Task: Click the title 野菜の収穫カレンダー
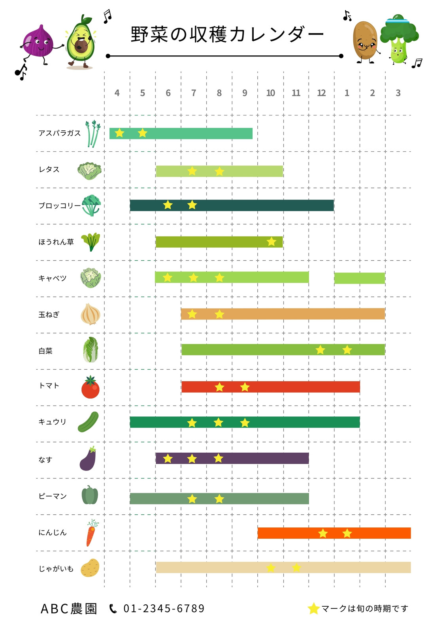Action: click(x=227, y=34)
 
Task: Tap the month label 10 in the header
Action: click(x=270, y=93)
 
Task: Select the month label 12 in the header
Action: click(x=321, y=93)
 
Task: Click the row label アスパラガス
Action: click(x=60, y=133)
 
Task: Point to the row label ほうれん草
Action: click(x=56, y=242)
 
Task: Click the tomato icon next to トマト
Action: click(x=91, y=387)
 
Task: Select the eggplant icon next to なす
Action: click(x=88, y=459)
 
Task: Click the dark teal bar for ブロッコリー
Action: click(x=232, y=205)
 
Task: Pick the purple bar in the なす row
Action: click(x=232, y=458)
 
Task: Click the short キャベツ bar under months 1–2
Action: click(x=360, y=278)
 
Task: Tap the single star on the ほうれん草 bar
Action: click(x=272, y=241)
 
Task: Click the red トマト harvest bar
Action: click(x=271, y=387)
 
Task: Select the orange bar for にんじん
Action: click(x=334, y=533)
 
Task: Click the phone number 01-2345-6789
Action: click(x=164, y=609)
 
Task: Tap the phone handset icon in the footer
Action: click(x=113, y=609)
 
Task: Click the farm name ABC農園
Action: click(x=69, y=609)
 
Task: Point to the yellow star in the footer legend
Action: click(x=313, y=609)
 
